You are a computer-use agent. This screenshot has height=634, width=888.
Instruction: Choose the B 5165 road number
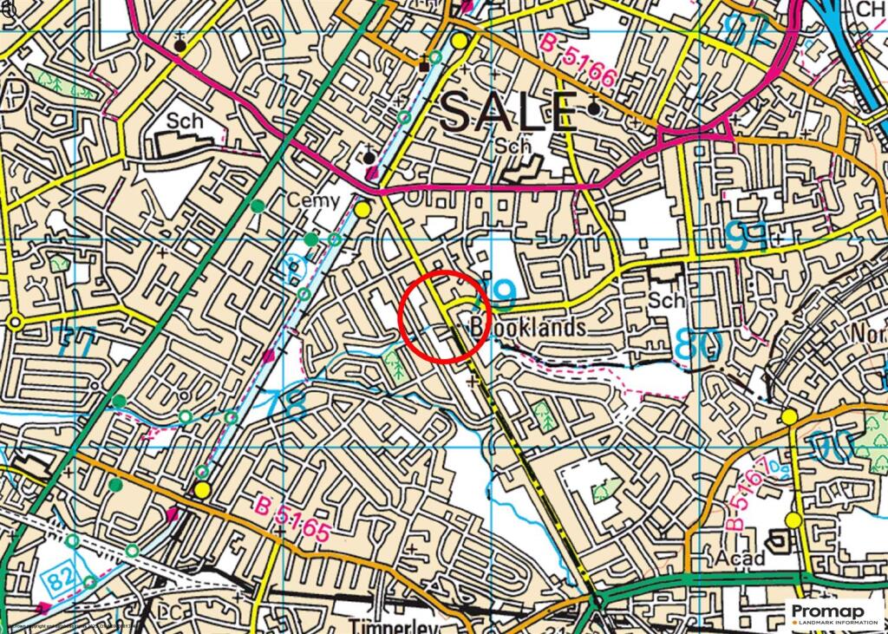tap(293, 519)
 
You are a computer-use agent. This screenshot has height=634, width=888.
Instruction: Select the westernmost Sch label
tap(185, 121)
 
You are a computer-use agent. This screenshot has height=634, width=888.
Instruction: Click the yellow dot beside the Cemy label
tap(362, 209)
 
